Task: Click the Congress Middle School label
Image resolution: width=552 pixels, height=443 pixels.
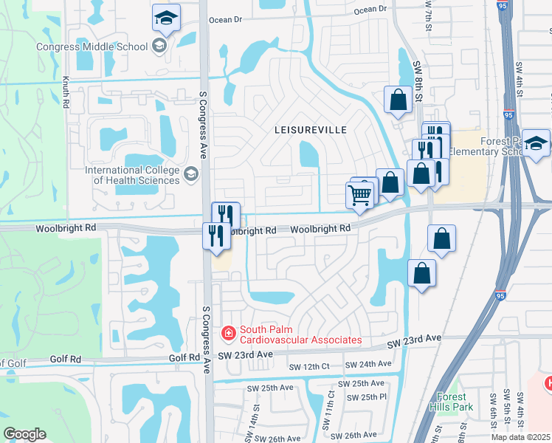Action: point(92,47)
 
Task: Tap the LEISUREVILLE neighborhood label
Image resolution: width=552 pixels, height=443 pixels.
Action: point(310,129)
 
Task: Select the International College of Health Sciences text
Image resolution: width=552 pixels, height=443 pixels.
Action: point(133,176)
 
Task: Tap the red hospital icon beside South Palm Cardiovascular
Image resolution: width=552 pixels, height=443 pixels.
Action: point(229,334)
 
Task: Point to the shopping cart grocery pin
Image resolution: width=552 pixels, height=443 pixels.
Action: point(359,196)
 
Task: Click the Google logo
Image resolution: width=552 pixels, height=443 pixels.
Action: point(24,434)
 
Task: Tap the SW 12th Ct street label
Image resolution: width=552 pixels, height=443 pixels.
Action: point(309,367)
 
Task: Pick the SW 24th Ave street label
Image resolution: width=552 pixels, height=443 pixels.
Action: point(374,364)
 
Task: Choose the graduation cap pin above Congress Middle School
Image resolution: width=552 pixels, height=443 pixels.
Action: point(167,18)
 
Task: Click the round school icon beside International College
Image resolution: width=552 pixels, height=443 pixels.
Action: point(191,174)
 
